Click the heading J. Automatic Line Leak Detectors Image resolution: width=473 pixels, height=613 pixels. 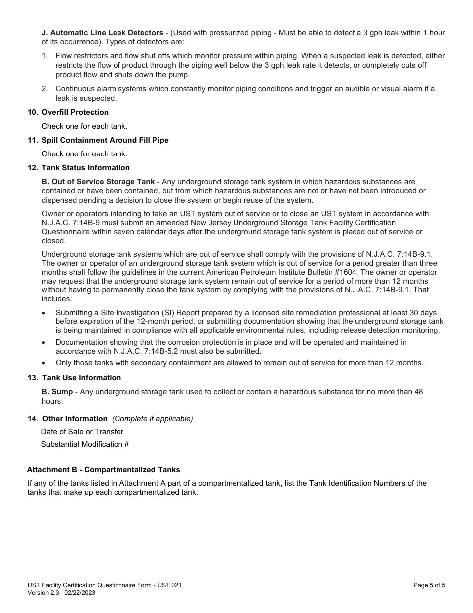103,33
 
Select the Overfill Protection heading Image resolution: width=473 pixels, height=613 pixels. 75,112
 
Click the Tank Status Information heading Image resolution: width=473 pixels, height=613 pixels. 86,168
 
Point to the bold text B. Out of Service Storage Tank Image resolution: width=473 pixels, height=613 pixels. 98,182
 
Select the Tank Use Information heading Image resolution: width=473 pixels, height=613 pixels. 81,378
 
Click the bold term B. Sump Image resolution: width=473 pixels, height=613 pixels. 57,392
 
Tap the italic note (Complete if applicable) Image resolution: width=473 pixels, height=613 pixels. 152,419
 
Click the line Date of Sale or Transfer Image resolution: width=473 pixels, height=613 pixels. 82,432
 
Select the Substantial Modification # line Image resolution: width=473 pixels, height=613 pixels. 85,444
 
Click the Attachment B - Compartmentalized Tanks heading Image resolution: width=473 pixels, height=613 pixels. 104,470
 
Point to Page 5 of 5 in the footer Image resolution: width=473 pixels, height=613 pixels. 429,585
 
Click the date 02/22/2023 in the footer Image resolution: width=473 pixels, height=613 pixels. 80,593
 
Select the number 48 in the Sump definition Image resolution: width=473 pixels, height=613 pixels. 418,392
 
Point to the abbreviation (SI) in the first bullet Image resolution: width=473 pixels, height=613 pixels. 168,313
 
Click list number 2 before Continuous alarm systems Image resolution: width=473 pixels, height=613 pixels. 44,89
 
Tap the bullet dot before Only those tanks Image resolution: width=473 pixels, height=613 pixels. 44,363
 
